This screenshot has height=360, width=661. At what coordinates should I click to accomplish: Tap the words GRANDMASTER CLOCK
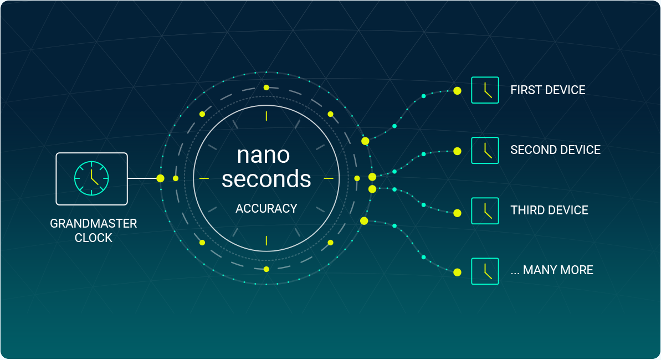(94, 230)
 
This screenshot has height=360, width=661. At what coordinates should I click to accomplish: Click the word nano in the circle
(264, 155)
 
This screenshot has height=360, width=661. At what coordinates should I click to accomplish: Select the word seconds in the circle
(267, 179)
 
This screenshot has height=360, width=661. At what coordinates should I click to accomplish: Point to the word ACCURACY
(267, 209)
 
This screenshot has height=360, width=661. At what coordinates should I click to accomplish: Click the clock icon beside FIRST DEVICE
(485, 90)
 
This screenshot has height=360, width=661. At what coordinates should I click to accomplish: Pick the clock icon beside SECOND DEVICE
(485, 151)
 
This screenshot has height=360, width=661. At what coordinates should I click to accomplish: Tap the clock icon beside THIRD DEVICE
(485, 211)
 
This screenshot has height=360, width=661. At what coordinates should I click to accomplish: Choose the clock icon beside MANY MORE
(485, 271)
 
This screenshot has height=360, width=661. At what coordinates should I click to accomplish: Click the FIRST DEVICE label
(547, 90)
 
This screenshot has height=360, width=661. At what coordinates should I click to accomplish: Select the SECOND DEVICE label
(555, 150)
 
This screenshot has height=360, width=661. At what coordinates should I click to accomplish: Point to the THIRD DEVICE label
(549, 210)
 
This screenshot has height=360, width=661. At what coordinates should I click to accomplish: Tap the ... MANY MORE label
(552, 270)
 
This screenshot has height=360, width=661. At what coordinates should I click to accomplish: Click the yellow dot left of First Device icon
(458, 91)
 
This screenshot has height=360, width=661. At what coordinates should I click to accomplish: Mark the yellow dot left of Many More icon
(458, 272)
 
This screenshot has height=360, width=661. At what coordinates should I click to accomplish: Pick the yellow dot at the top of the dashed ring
(267, 88)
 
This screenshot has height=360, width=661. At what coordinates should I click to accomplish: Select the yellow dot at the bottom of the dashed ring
(267, 269)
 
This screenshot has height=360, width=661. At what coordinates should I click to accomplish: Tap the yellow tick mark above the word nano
(267, 116)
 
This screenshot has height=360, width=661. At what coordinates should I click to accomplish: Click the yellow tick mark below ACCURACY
(267, 241)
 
